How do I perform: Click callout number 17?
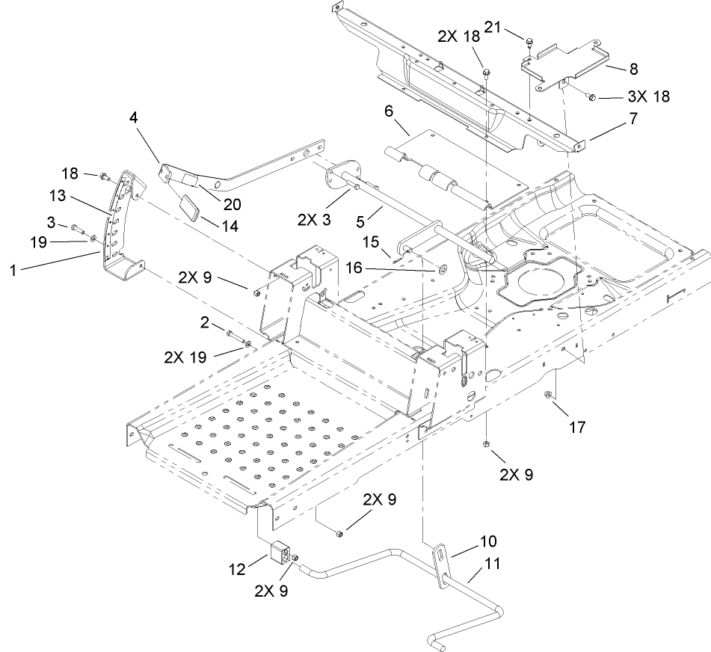coord(576,428)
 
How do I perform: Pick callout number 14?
coord(230,224)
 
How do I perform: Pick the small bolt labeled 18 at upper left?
coord(105,177)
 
